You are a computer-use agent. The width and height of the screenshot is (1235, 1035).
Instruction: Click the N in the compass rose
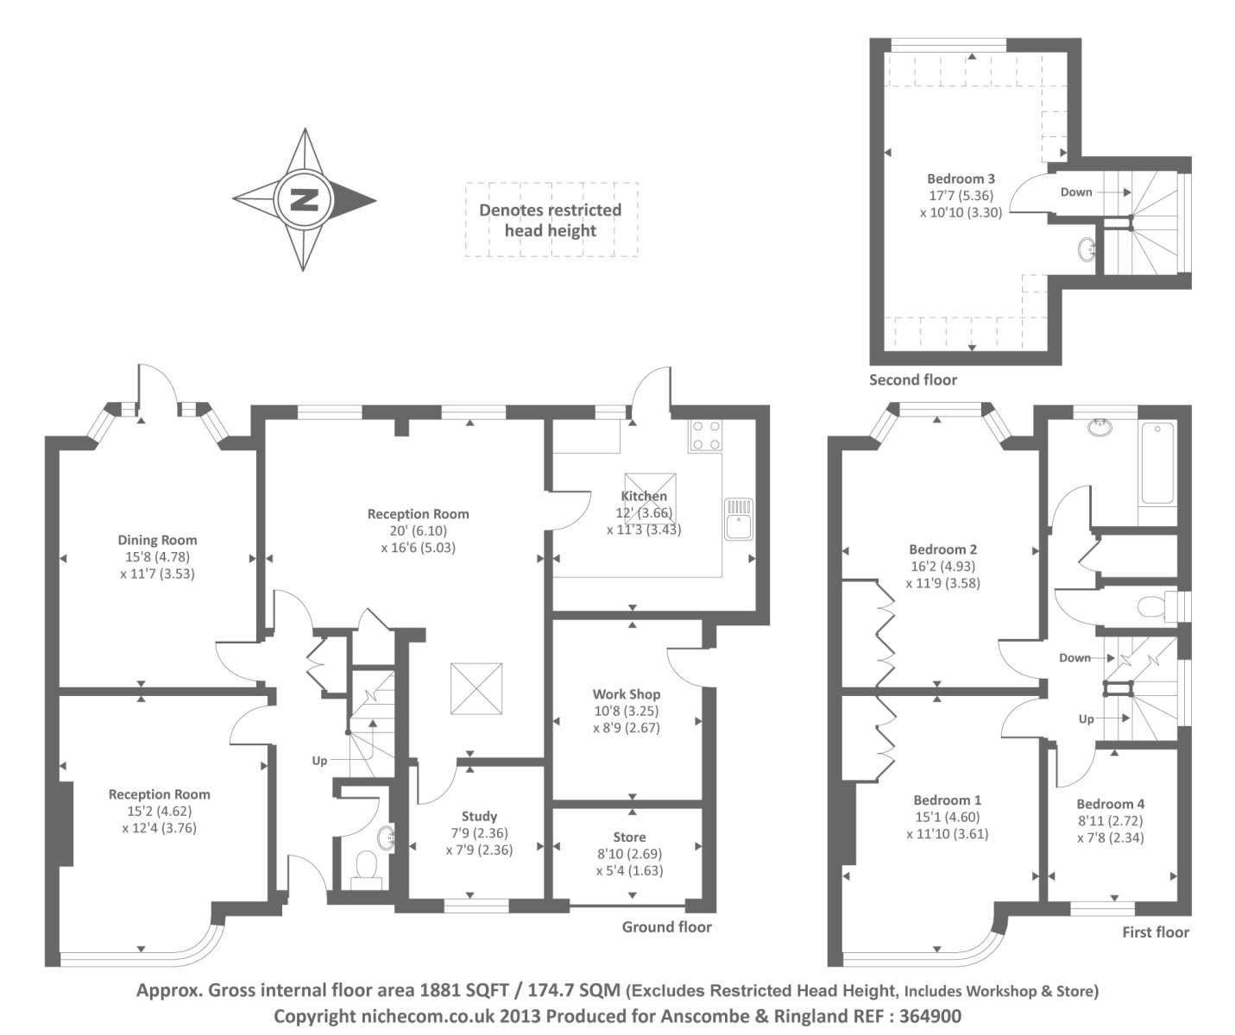coord(303,200)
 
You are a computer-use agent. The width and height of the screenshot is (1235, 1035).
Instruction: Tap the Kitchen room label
coord(644,496)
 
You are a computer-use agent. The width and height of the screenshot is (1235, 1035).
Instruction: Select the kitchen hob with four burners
coord(705,436)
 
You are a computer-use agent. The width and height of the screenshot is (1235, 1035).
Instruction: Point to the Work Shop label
coord(626,694)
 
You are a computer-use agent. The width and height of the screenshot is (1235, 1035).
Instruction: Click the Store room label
coord(629,837)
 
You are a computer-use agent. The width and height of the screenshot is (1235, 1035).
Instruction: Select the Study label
coord(479,816)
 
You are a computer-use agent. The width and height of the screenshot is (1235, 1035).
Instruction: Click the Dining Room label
coord(157,541)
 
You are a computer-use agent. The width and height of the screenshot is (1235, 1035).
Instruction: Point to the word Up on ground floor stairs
coord(319,761)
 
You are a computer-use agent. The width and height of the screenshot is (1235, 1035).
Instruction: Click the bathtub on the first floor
coord(1156,463)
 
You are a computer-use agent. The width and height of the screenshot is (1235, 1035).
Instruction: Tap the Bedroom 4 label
coord(1110,804)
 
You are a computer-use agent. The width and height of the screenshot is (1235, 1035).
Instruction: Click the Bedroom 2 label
coord(942,549)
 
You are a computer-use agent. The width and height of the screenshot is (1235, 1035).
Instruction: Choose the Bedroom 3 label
coord(961,179)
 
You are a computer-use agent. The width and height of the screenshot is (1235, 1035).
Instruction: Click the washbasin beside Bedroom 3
coord(1087,249)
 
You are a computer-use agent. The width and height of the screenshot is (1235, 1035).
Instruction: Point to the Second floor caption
coord(912,379)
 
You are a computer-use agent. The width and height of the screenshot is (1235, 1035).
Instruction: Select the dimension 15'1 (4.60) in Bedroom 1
coord(947,817)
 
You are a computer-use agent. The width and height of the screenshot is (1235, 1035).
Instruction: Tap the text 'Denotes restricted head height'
coord(551,220)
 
